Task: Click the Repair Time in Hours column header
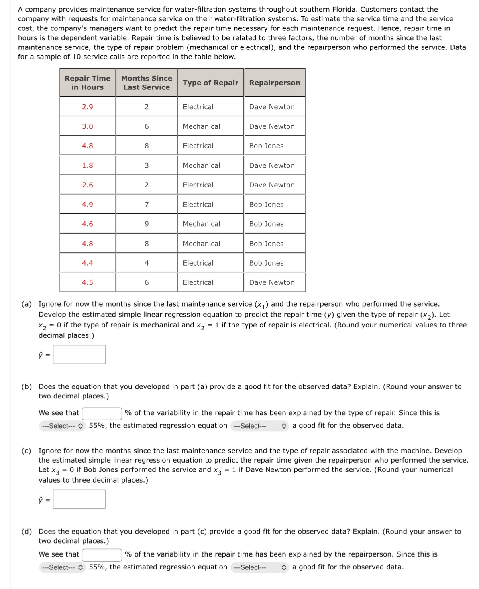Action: coord(88,83)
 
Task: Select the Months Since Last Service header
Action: coord(147,83)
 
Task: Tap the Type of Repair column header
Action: coord(210,83)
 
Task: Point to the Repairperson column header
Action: coord(274,83)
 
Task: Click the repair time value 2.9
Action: coord(88,107)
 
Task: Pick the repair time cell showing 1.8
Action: coord(88,165)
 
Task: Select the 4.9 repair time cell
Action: coord(88,205)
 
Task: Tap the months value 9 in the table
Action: coord(147,224)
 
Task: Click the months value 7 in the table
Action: coord(147,205)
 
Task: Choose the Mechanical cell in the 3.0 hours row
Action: coord(202,126)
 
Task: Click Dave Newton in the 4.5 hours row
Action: coord(272,282)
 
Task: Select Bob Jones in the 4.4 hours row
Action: coord(266,263)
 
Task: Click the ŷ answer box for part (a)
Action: coord(79,354)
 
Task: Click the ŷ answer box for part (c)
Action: coord(79,499)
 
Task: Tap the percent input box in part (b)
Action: coord(102,413)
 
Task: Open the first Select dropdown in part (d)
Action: coord(62,567)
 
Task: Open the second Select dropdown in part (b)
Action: coord(259,426)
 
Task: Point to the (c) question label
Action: coord(26,451)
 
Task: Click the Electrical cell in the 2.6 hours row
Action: coord(198,185)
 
